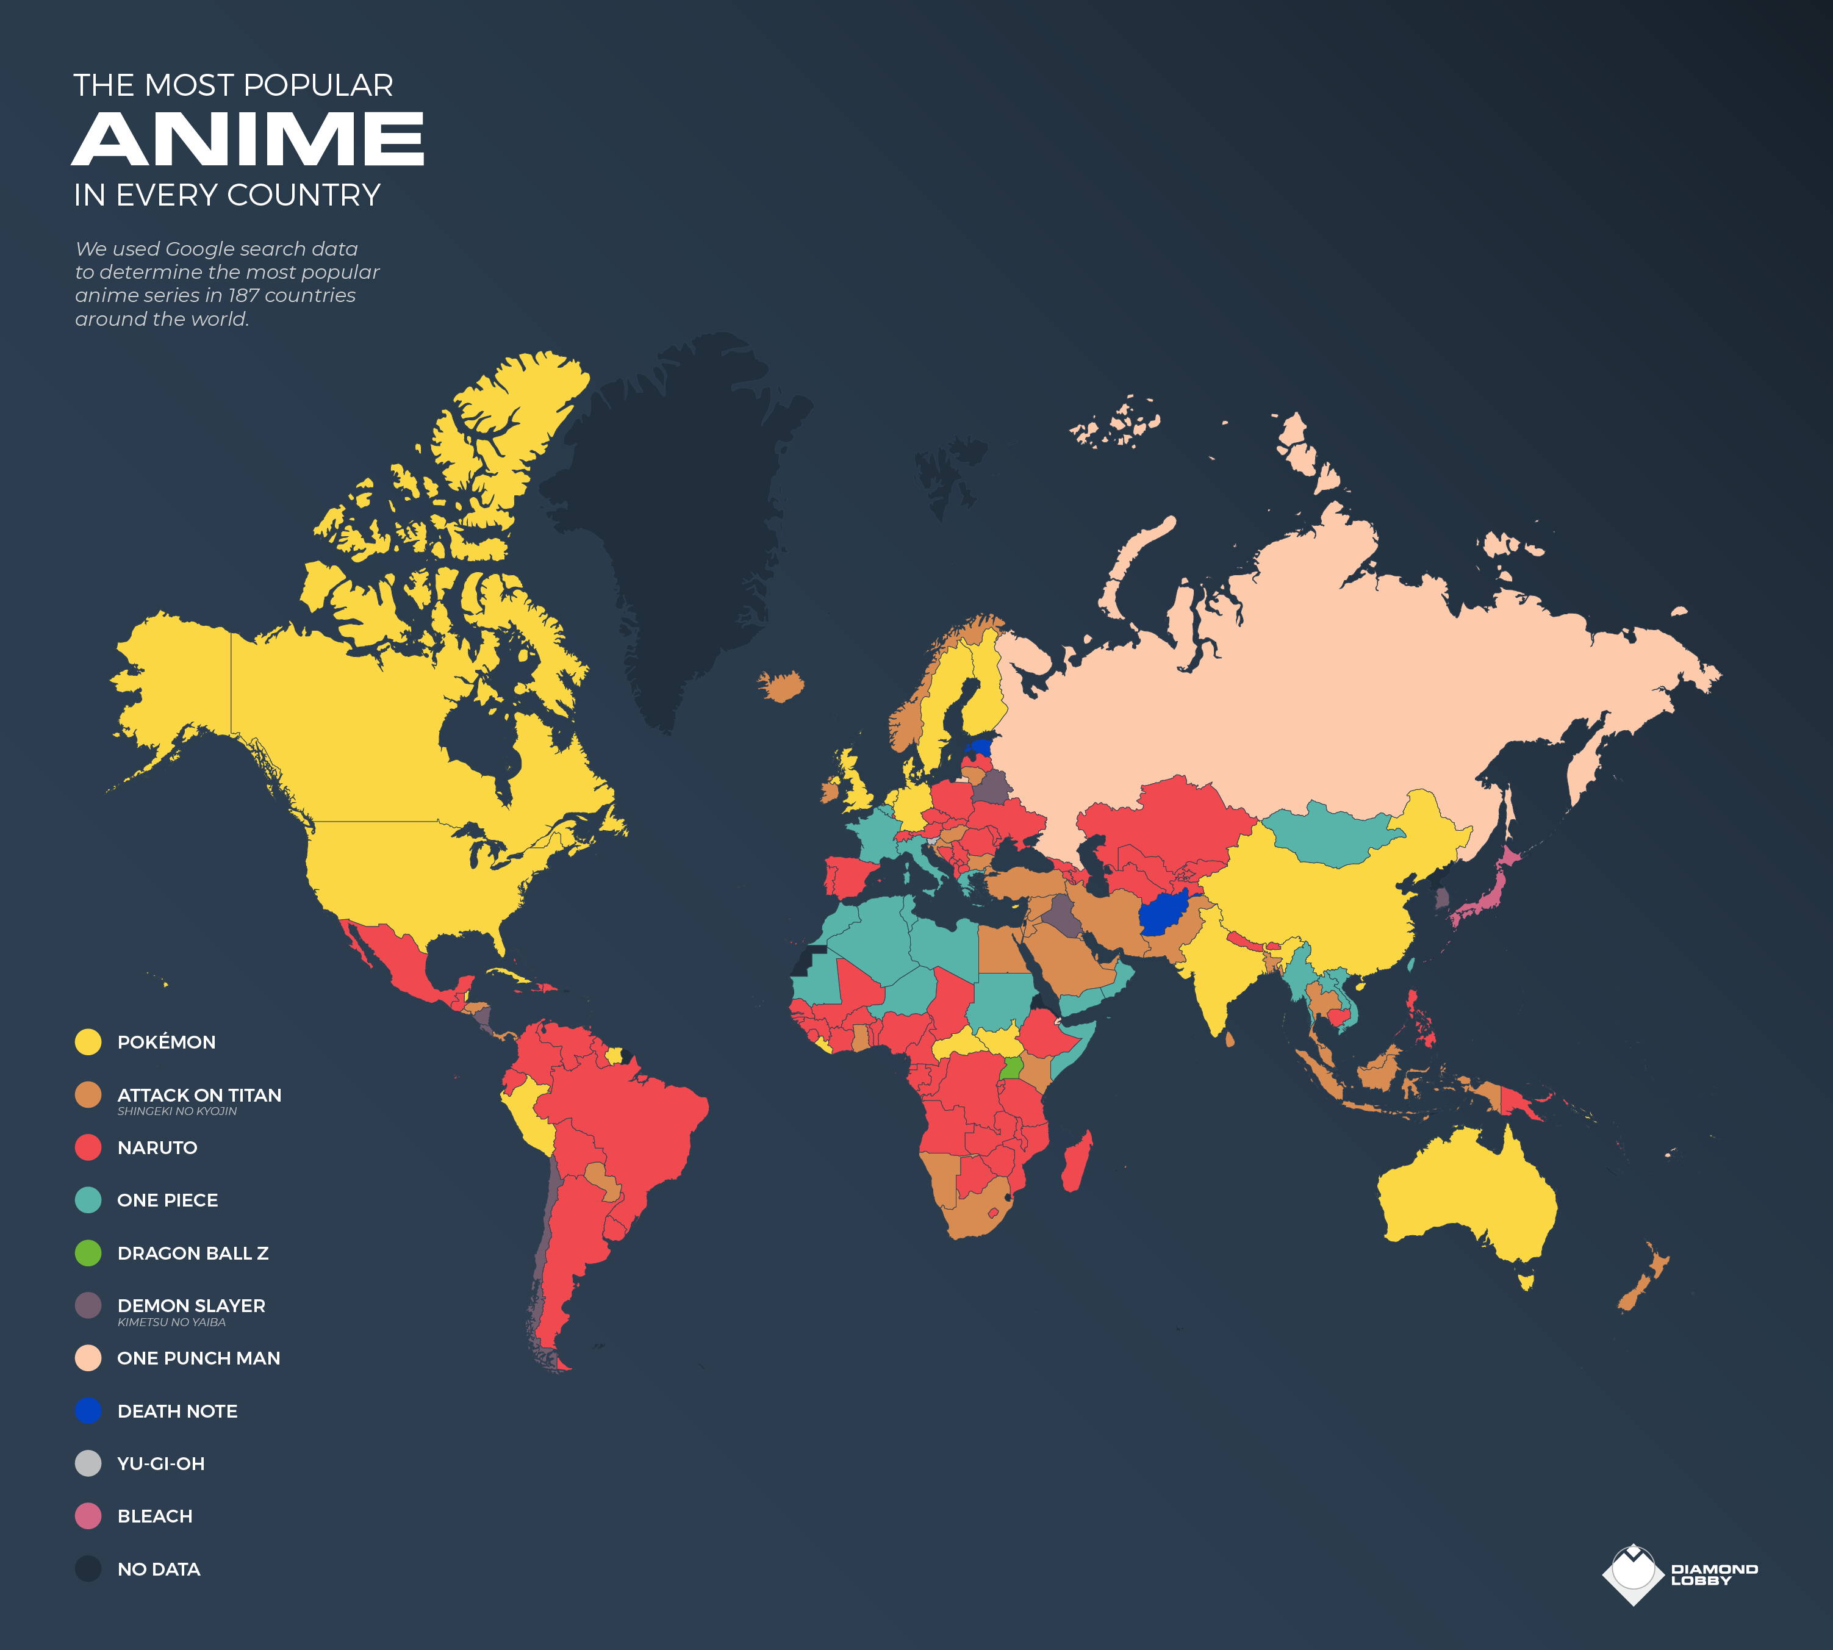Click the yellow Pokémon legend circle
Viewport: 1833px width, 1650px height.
88,1042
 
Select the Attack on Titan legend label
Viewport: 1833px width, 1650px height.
198,1095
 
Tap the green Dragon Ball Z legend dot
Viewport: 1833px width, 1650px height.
88,1253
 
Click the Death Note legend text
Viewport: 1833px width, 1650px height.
177,1411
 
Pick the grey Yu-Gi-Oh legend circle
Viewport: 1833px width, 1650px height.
88,1463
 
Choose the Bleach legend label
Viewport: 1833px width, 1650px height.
154,1516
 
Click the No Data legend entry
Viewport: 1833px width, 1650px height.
158,1569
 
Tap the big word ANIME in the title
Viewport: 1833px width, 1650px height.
248,140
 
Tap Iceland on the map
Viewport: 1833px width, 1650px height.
781,686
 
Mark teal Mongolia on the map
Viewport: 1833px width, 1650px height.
1326,836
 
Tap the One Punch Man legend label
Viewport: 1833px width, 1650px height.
198,1358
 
